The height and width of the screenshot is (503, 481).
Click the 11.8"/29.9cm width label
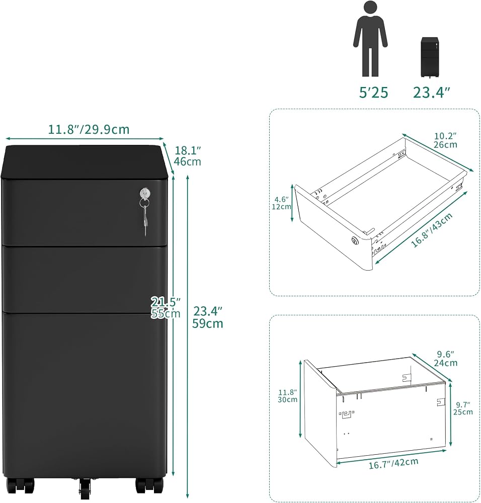click(x=89, y=130)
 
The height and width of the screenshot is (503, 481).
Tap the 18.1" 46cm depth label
click(x=187, y=156)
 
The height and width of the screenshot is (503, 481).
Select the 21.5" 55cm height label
click(x=166, y=307)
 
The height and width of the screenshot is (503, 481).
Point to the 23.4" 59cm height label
click(x=208, y=317)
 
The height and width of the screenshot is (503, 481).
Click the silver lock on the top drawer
click(x=145, y=194)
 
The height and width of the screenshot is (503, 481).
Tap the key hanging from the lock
click(x=145, y=218)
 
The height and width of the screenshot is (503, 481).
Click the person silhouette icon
click(x=370, y=39)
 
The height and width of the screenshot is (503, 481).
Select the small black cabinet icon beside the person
click(x=429, y=57)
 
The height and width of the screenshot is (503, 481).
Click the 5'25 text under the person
click(x=373, y=93)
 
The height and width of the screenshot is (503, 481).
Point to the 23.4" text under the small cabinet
click(x=432, y=93)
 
